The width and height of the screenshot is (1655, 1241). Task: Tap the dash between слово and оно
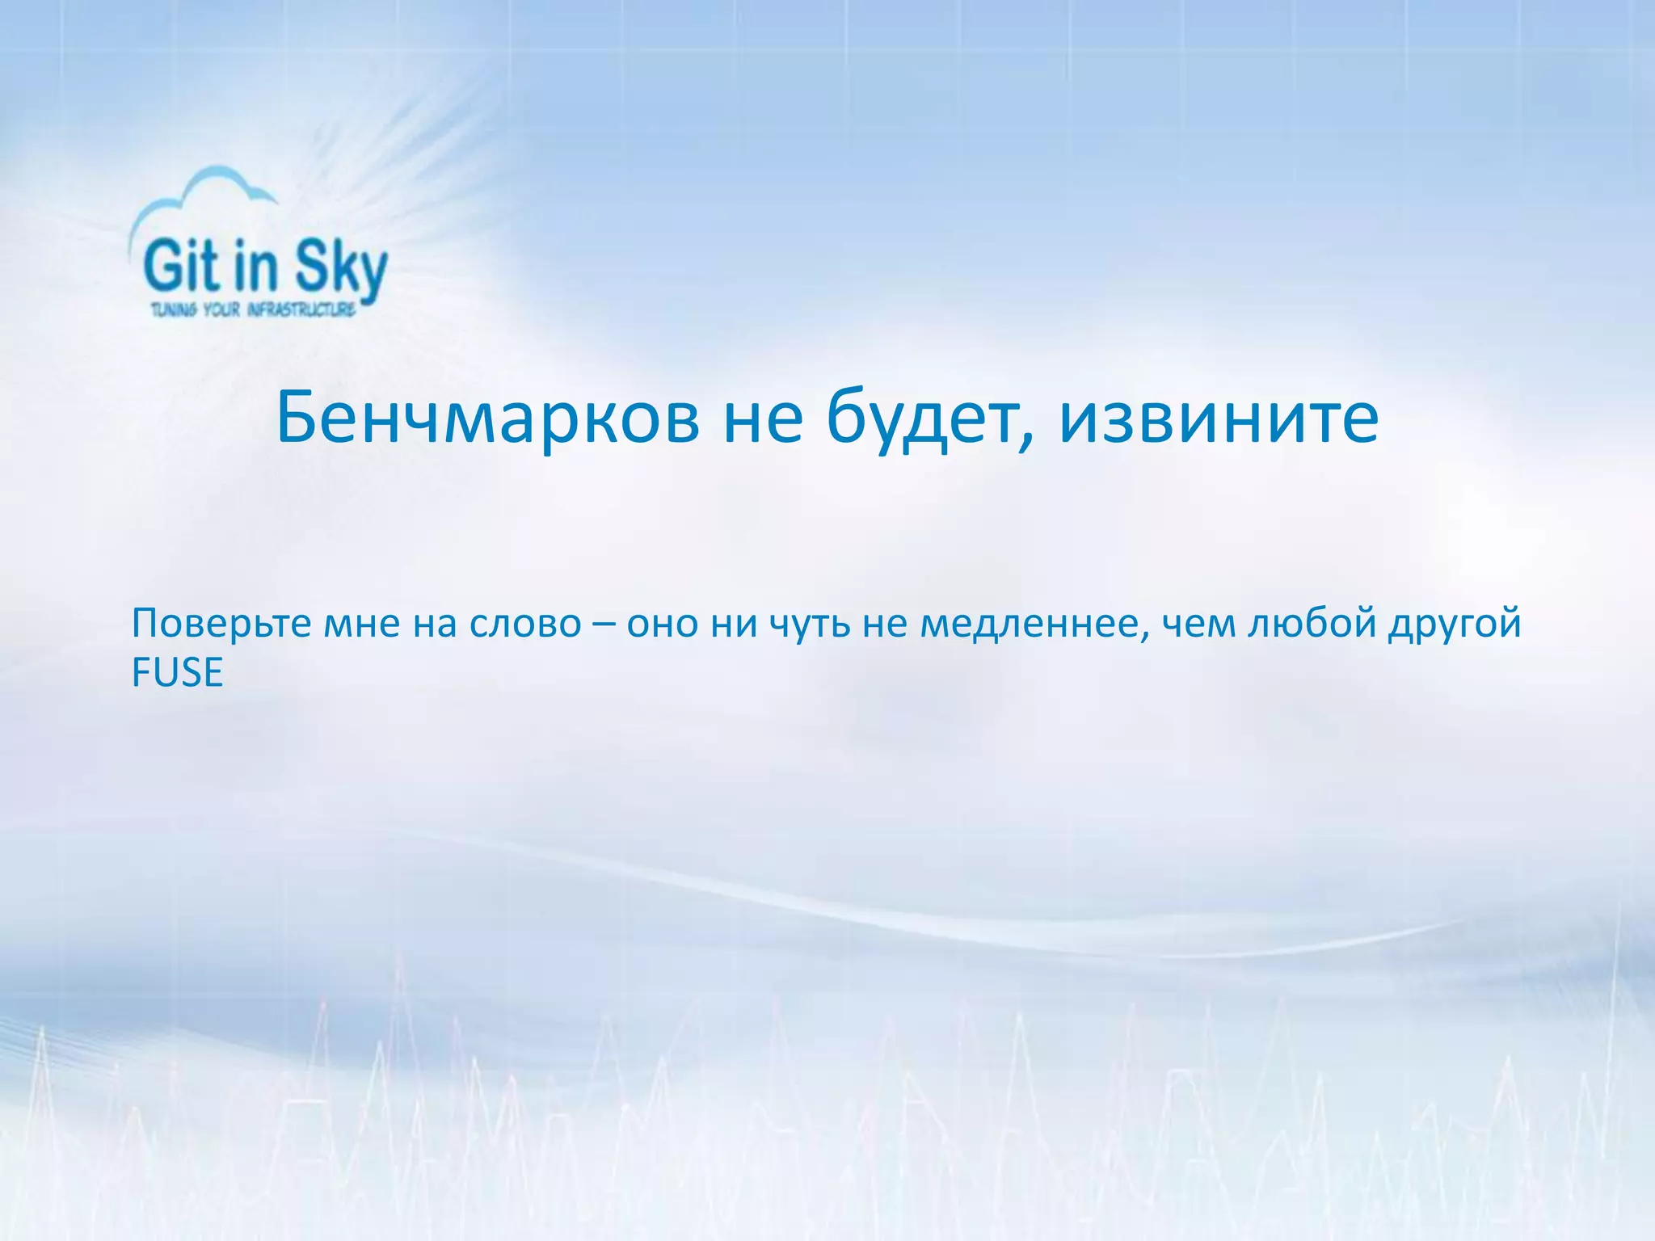click(604, 624)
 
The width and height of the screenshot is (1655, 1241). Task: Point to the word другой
click(1455, 624)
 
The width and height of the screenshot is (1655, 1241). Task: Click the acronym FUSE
click(177, 673)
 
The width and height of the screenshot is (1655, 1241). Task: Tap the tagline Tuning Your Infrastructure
click(253, 309)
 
